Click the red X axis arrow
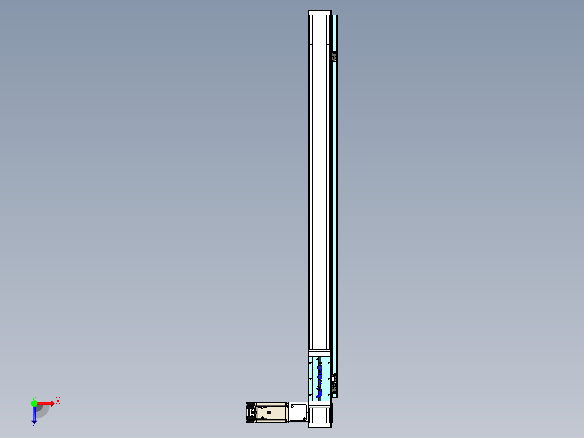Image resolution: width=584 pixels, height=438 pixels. (46, 403)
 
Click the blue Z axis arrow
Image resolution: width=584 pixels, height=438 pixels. (34, 415)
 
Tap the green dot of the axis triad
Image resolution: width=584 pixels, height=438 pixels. (34, 403)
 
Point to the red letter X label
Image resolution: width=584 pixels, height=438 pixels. (58, 401)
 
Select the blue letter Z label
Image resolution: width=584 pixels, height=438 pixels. (34, 426)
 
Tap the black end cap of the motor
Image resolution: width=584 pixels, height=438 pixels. (251, 413)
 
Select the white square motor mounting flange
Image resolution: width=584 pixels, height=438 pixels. (297, 413)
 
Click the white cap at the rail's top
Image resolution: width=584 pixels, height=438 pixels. (319, 13)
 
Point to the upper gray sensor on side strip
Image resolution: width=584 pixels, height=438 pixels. (334, 57)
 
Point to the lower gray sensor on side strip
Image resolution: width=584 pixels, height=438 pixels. (334, 383)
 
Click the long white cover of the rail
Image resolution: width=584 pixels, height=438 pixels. (319, 184)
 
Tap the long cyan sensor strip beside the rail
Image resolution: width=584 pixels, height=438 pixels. (335, 217)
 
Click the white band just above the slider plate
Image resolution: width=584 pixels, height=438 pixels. (319, 352)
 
